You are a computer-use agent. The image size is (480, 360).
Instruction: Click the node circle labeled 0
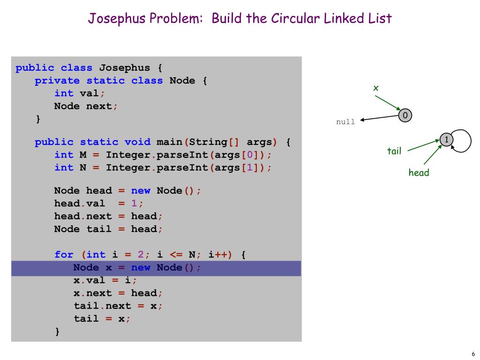(405, 115)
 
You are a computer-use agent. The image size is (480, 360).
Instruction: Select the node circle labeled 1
(447, 140)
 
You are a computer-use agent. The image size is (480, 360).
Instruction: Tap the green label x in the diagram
(375, 88)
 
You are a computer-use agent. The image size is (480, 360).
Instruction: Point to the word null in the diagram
(345, 122)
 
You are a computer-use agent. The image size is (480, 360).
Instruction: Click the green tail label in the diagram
(394, 151)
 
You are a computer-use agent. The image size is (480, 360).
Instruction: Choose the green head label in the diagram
(419, 172)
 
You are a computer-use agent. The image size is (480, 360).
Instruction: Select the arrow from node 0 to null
(379, 119)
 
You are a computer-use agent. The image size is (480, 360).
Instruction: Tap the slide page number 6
(473, 354)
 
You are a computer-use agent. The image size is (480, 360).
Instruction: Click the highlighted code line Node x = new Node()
(137, 268)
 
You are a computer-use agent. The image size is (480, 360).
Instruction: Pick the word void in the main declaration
(137, 142)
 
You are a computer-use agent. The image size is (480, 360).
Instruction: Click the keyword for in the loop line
(64, 255)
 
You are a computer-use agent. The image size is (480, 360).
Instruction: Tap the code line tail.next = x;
(118, 306)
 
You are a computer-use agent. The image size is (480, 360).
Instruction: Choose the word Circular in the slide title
(295, 19)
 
